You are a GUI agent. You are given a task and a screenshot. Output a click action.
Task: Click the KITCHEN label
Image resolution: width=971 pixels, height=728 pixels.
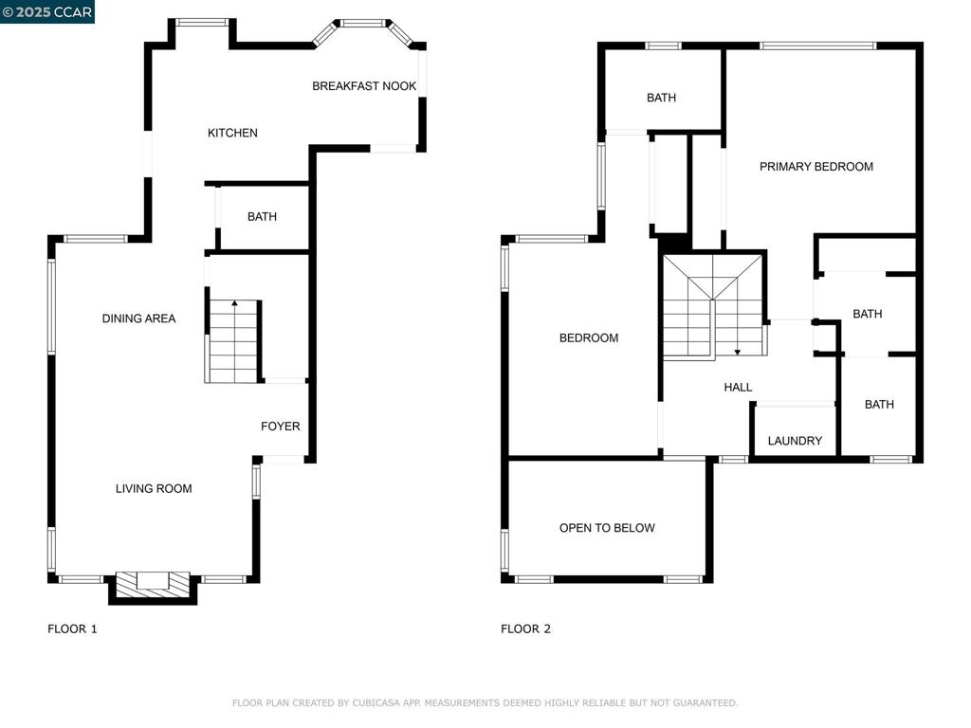click(232, 133)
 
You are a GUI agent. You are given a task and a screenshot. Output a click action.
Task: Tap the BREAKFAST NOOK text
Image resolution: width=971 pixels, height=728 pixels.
click(364, 86)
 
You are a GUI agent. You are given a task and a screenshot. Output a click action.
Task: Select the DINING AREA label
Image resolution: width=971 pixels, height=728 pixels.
click(138, 318)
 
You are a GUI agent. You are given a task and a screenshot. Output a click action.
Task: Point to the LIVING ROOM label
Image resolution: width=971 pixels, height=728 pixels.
click(154, 489)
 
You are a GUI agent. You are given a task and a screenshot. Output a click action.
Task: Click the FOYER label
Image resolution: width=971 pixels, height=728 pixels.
click(280, 427)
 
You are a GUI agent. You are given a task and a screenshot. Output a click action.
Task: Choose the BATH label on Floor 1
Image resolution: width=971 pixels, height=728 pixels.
click(262, 217)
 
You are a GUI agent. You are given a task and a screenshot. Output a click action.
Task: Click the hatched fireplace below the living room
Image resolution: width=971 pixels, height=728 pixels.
click(152, 584)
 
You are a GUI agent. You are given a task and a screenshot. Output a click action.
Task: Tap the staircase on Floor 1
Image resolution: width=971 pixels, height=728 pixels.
click(232, 341)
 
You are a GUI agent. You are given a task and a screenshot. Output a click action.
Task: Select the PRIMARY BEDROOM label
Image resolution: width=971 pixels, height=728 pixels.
click(815, 167)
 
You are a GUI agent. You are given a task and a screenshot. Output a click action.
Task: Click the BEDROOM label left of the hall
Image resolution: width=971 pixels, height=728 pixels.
click(588, 338)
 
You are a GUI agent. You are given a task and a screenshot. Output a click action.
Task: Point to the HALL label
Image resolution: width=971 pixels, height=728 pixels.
click(738, 387)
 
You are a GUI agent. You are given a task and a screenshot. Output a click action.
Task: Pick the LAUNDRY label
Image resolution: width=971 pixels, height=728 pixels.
click(795, 441)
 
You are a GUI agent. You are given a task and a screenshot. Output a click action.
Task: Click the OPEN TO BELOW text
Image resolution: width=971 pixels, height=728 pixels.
click(607, 528)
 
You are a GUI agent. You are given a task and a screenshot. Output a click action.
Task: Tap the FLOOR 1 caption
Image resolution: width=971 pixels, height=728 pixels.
click(72, 628)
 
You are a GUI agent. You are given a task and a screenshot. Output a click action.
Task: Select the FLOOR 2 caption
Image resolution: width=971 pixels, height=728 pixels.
click(525, 628)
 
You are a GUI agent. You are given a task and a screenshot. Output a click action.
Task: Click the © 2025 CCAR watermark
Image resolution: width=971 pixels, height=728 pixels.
click(47, 11)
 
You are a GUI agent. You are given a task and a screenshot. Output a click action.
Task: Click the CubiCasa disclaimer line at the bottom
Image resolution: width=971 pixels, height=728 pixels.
click(485, 703)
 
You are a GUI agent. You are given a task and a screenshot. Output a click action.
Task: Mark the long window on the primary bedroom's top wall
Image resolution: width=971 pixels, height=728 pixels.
click(817, 45)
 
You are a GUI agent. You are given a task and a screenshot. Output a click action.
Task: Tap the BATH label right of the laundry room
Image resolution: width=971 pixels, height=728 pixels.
click(879, 405)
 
